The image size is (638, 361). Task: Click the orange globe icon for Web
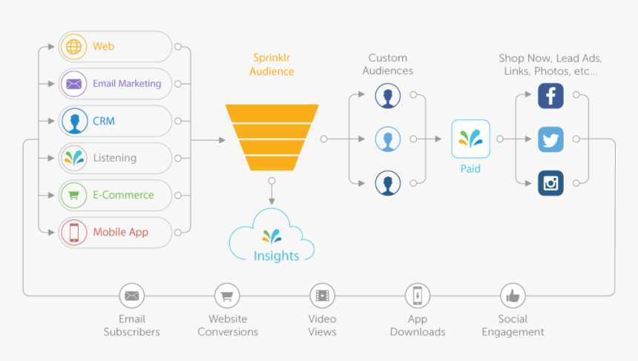pos(73,47)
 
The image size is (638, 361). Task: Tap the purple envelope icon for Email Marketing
pos(73,84)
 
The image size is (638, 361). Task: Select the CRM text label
pos(103,121)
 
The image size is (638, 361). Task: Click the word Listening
pos(114,158)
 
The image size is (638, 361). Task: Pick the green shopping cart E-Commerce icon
pos(73,195)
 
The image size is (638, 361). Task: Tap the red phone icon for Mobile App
pos(73,232)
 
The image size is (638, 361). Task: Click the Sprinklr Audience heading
pos(272,64)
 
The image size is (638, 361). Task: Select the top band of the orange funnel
pos(272,113)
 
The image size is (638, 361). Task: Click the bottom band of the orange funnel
pos(272,163)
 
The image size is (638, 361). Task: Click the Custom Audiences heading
pos(387,64)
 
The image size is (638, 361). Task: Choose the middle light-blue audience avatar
pos(387,139)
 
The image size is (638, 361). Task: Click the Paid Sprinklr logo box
pos(470,139)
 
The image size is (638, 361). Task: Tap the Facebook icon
pos(550,96)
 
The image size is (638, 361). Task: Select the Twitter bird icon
pos(550,139)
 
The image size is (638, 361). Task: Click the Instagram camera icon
pos(550,182)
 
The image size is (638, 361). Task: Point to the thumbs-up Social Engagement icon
pos(513,296)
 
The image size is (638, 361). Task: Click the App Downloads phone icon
pos(418,296)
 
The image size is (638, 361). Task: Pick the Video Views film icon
pos(323,296)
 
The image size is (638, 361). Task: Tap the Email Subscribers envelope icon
pos(131,296)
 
